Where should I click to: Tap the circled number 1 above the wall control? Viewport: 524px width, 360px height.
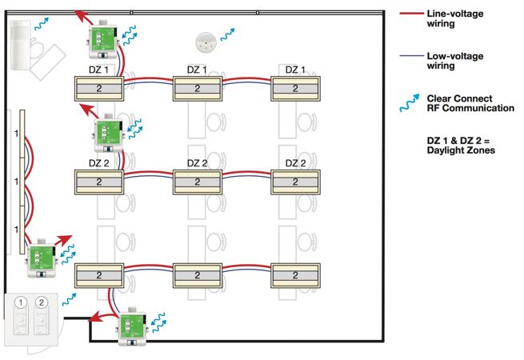pos(22,304)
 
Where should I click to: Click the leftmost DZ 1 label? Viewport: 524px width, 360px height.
pos(98,70)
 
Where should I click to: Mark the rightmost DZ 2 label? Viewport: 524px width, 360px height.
pos(294,163)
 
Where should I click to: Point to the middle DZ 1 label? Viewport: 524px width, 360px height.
pos(197,70)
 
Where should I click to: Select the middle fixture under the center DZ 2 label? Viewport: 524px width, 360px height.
pos(197,182)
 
